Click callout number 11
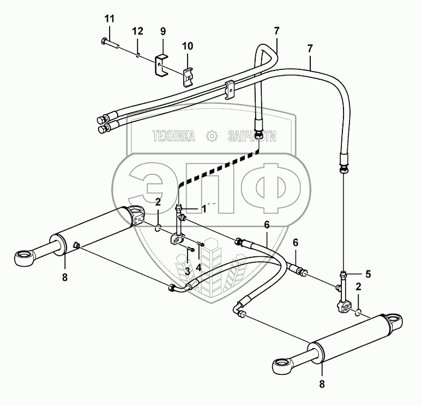[110, 19]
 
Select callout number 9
[162, 32]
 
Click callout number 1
[189, 208]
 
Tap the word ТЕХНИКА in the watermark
[174, 137]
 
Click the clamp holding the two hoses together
[230, 87]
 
